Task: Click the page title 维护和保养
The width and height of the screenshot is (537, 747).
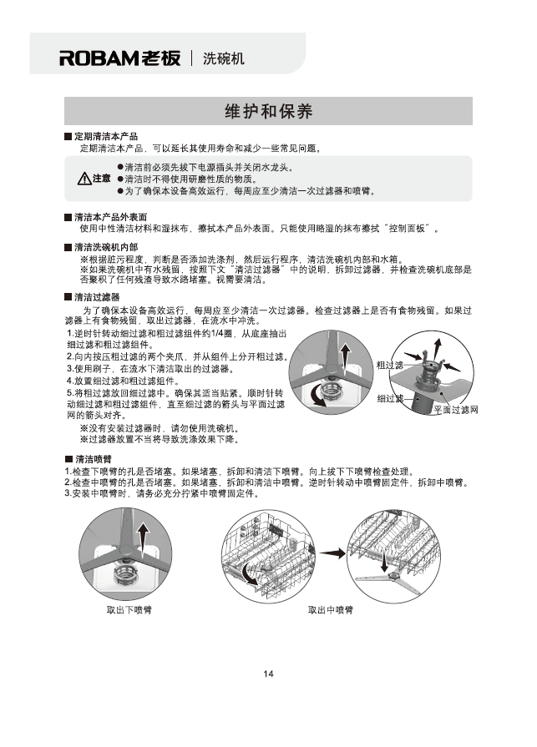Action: pos(268,111)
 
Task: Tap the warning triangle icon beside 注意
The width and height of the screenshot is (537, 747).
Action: pos(84,179)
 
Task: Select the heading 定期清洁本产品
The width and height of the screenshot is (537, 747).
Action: pos(105,136)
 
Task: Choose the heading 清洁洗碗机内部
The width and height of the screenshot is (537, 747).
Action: pos(105,248)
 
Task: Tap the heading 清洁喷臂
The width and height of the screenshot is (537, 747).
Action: pos(94,460)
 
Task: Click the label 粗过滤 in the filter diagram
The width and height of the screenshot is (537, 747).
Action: pos(390,365)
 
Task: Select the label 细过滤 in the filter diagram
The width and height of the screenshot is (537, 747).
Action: pos(390,399)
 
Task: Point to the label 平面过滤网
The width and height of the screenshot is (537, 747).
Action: pos(455,410)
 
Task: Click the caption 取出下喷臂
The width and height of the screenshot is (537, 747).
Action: pos(129,610)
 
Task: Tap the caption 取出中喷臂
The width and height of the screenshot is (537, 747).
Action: pos(331,610)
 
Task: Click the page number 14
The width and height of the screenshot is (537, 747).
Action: pos(268,674)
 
